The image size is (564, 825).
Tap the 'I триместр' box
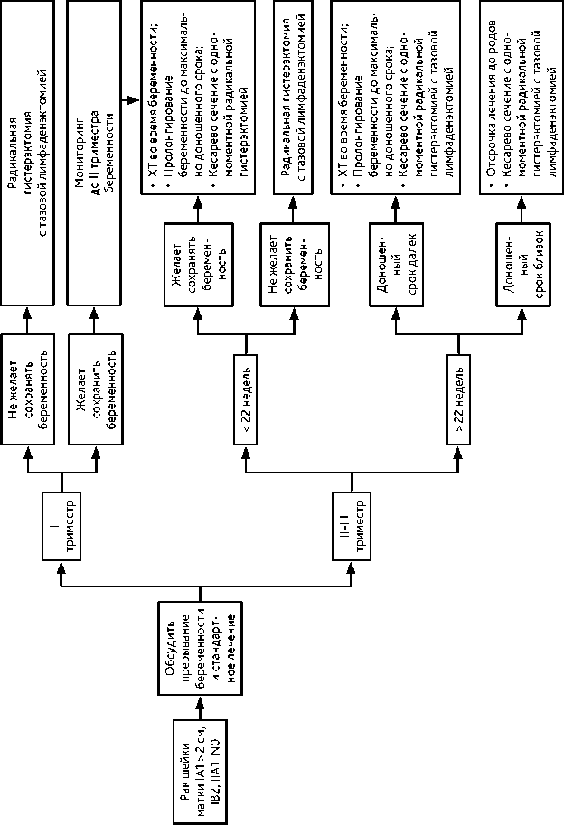point(62,529)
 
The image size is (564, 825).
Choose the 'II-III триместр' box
point(352,529)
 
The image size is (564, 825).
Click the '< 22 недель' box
point(249,398)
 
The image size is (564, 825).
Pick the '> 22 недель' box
point(460,398)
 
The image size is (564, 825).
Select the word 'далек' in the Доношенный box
point(412,244)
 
